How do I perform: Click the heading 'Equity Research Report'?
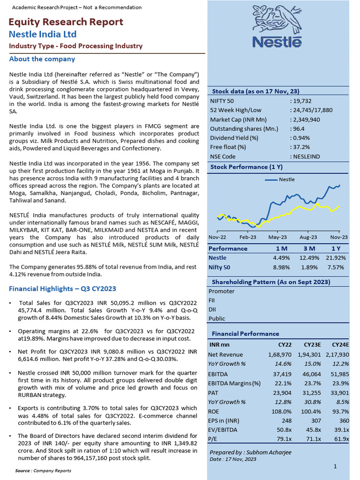coord(66,22)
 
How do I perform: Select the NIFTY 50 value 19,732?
coord(301,100)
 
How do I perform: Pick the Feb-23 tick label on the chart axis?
coord(248,237)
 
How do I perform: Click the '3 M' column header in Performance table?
coord(308,248)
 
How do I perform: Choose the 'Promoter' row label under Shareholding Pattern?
coord(222,291)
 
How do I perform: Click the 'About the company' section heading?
coord(42,59)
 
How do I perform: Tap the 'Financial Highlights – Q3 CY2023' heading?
coord(62,289)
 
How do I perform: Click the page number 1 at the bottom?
coord(336,466)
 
